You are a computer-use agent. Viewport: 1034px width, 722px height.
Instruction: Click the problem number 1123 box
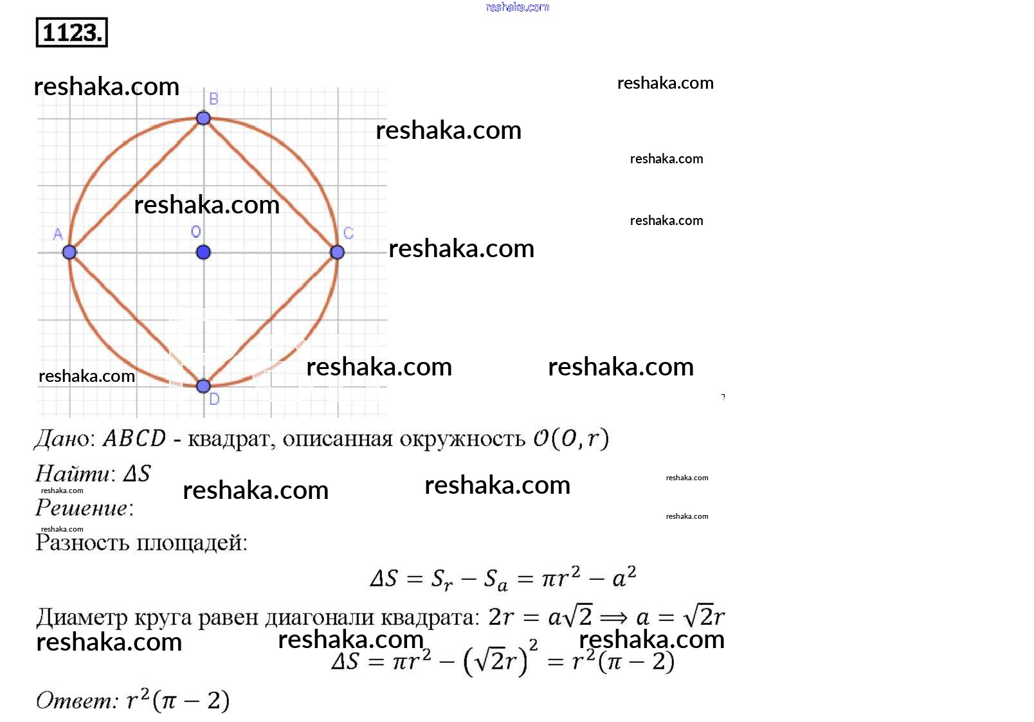71,32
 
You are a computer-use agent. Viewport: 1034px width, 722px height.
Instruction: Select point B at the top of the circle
203,118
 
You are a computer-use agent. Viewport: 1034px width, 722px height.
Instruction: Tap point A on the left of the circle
69,252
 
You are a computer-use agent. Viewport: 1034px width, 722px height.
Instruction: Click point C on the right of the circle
337,252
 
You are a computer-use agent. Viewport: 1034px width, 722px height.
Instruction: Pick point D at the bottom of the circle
203,386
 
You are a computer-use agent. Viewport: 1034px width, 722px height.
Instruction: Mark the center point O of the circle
203,252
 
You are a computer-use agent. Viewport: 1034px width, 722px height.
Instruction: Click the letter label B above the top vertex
213,99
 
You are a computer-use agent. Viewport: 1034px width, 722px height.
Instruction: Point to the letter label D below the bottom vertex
214,399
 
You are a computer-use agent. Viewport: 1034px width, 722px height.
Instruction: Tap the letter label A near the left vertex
58,234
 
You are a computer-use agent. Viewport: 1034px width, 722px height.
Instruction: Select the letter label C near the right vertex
349,233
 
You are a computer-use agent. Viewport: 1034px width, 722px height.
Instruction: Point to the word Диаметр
82,617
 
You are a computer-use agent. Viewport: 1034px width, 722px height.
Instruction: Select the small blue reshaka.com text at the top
517,7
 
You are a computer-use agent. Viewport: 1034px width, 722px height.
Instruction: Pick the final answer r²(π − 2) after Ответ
178,700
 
